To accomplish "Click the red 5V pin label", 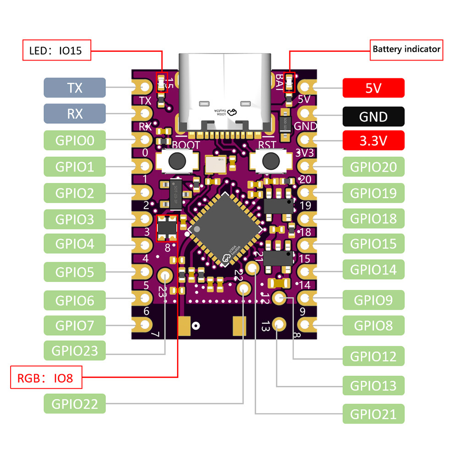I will pos(373,88).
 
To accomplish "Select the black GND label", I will pos(373,116).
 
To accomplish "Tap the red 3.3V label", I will pos(373,140).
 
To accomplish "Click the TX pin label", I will pos(75,88).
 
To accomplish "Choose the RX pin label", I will pos(75,113).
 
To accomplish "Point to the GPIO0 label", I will pos(75,140).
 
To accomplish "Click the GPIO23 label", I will pos(75,351).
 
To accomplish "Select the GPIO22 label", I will pos(75,404).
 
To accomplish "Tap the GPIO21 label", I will pos(373,414).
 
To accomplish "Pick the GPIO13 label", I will pos(373,385).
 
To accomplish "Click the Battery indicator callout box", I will pos(407,49).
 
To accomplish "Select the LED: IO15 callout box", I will pos(56,50).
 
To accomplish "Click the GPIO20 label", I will pos(373,166).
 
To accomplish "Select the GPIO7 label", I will pos(75,326).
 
